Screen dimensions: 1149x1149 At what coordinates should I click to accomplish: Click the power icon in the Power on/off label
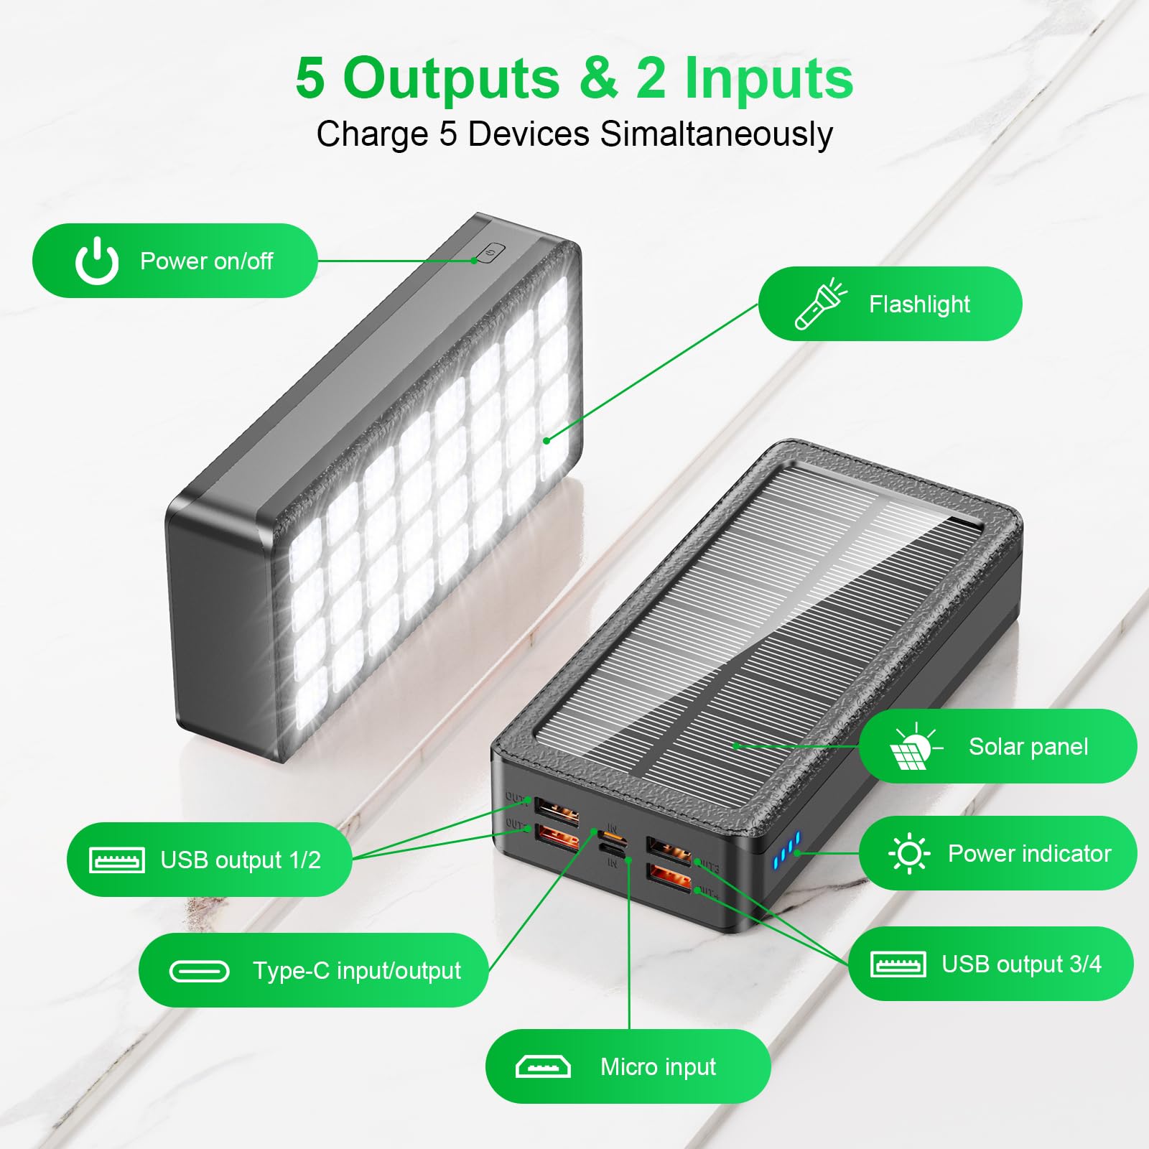97,261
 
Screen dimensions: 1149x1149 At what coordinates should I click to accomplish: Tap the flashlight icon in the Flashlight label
821,304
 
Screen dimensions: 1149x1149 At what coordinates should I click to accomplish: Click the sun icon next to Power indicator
909,853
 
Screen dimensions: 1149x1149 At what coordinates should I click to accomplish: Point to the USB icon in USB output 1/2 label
116,860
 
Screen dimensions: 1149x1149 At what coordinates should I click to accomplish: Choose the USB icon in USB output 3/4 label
898,964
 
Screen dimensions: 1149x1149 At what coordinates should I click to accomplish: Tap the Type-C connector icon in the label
199,971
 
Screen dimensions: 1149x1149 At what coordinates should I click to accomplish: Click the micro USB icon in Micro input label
543,1067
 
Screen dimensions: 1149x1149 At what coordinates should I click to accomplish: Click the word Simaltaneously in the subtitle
716,134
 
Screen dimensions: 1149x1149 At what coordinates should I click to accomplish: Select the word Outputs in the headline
451,78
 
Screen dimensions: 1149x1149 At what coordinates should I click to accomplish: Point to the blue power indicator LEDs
786,848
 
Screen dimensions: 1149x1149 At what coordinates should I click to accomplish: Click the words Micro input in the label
659,1067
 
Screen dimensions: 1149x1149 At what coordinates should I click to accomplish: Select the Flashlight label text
919,304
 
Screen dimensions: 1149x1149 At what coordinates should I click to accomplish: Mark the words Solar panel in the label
1028,747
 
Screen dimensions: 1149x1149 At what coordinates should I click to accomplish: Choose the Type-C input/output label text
357,971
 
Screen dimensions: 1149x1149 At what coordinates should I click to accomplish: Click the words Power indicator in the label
1030,853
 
